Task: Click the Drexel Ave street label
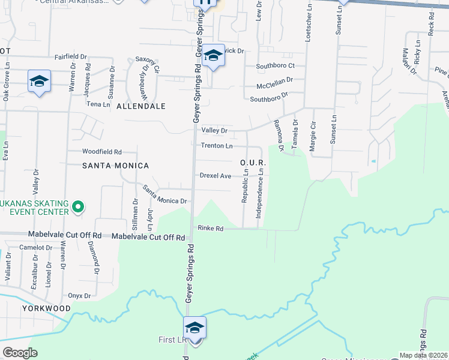coord(215,176)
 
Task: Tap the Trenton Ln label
coord(217,146)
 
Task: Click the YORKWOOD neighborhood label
coord(47,308)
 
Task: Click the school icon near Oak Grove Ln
coord(39,81)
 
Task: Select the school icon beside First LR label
coord(194,328)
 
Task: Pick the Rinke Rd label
coord(211,229)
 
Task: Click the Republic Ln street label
coord(245,185)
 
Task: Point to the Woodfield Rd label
coord(102,152)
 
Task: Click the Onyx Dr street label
coord(79,296)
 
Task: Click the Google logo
coord(20,353)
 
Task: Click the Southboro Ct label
coord(276,65)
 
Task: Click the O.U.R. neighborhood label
coord(253,163)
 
